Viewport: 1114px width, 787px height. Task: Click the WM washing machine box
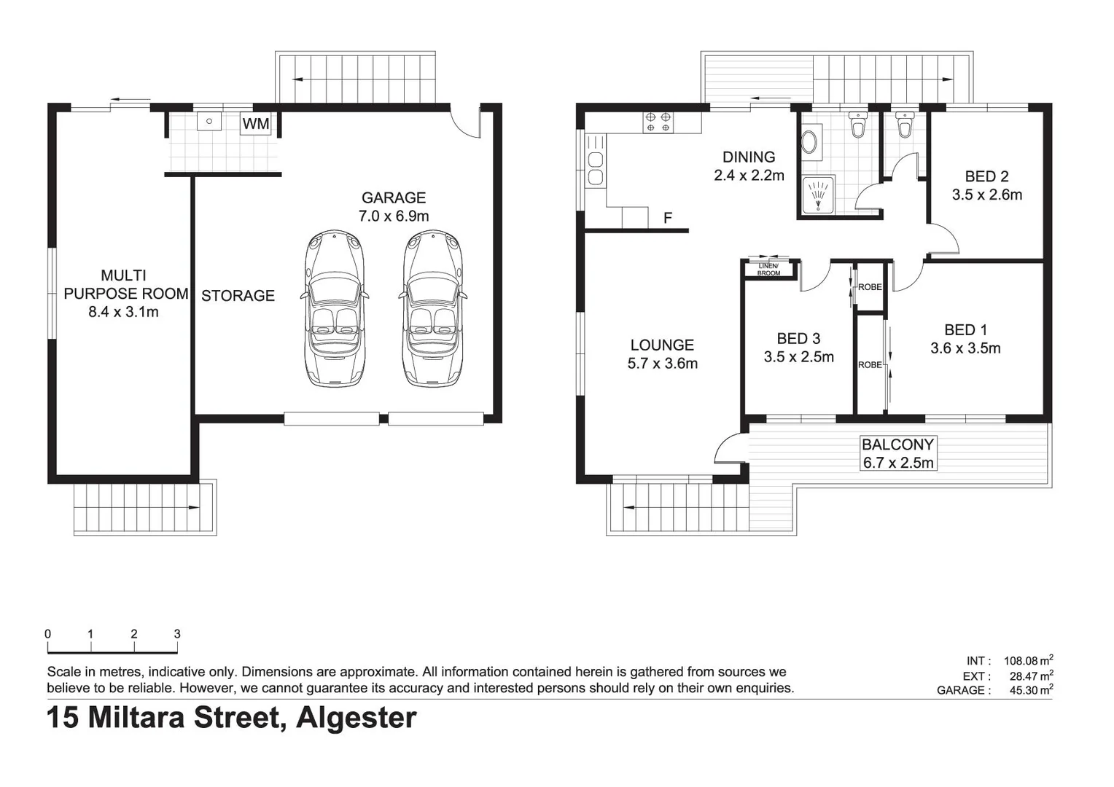coord(255,124)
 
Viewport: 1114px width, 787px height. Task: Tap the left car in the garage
coord(334,308)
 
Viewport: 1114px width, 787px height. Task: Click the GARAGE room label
coord(394,197)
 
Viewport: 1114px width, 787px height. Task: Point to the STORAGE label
coord(238,296)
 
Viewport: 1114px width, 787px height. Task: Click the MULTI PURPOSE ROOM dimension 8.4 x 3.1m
coord(123,312)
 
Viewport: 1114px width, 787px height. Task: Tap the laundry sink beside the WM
coord(209,121)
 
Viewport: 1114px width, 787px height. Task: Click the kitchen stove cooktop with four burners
coord(658,122)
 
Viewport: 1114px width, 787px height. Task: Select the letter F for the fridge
coord(668,218)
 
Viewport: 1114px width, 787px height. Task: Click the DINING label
coord(749,157)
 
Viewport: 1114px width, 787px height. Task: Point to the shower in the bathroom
coord(819,195)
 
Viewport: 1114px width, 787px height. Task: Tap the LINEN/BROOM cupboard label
coord(768,270)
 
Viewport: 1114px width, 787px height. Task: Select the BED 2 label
coord(986,176)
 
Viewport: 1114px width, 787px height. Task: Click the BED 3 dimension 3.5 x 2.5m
coord(798,357)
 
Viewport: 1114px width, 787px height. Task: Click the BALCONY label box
coord(897,453)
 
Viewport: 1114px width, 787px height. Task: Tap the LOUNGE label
coord(662,345)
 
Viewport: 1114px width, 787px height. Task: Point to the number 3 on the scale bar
coord(177,634)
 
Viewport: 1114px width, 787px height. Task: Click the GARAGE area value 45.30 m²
coord(1028,690)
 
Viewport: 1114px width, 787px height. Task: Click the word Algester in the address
coord(357,718)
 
